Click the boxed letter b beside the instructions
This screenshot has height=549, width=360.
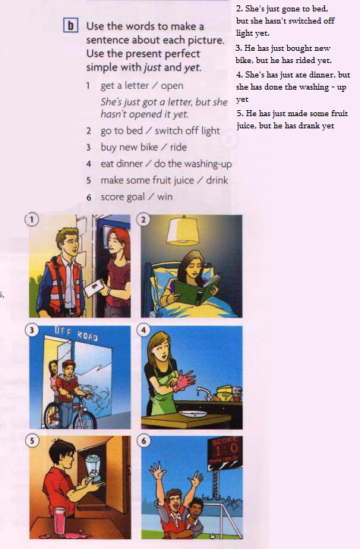pyautogui.click(x=71, y=26)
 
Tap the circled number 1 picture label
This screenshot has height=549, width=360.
pyautogui.click(x=31, y=220)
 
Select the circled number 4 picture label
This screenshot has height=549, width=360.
pyautogui.click(x=144, y=330)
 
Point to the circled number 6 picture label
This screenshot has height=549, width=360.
pyautogui.click(x=144, y=440)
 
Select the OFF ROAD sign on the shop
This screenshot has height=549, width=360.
pyautogui.click(x=76, y=333)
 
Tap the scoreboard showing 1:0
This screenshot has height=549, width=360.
pyautogui.click(x=224, y=449)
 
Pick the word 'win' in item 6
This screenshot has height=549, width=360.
pyautogui.click(x=165, y=197)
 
